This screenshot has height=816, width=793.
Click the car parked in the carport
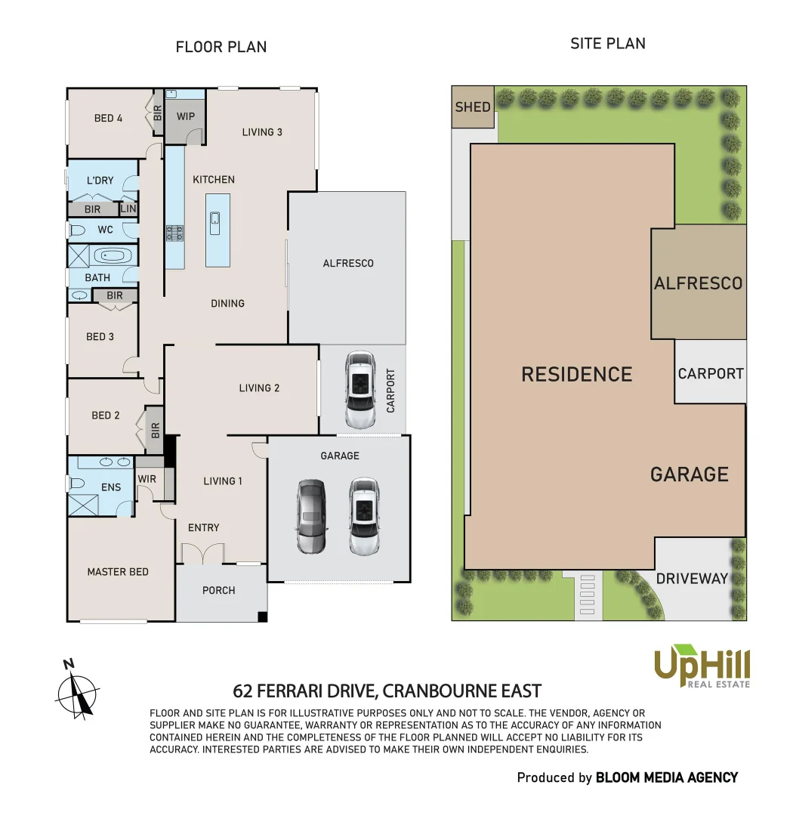tap(359, 389)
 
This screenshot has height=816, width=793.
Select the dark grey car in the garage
tap(310, 517)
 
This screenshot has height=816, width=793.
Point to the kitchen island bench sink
tap(215, 219)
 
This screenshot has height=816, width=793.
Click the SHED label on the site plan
tap(473, 107)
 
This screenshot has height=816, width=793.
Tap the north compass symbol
tap(78, 688)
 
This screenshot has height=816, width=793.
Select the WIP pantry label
tap(185, 117)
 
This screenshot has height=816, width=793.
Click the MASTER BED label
tap(118, 572)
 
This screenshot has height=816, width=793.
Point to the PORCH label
tap(219, 590)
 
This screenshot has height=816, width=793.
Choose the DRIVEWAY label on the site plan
tap(692, 579)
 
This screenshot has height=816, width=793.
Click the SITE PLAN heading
tap(607, 43)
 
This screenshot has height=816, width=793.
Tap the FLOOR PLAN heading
tap(221, 47)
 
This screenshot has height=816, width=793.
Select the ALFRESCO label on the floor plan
tap(348, 263)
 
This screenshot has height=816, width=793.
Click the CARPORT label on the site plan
tap(710, 373)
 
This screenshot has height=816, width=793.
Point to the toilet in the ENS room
tap(77, 483)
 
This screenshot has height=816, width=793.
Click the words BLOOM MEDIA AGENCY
tap(666, 777)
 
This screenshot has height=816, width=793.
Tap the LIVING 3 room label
tap(262, 132)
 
